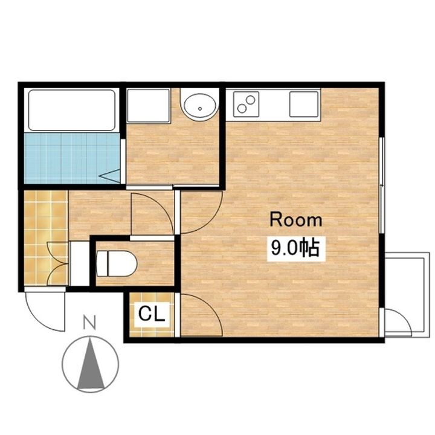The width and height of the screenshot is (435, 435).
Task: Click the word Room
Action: coord(296,220)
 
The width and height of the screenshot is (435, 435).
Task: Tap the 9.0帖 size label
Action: coord(295,248)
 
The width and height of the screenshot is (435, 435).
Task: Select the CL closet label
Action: coord(152,314)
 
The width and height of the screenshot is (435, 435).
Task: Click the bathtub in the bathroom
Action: coord(71,110)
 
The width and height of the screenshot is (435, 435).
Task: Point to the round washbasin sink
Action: coord(199,107)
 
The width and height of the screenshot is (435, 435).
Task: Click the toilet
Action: coord(117,264)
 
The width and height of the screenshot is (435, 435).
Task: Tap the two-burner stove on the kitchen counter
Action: coord(246,104)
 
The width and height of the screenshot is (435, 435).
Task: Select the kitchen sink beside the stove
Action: coord(304,104)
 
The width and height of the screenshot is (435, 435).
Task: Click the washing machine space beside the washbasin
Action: coord(148,105)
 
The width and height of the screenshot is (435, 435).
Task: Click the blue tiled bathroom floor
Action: coord(72,158)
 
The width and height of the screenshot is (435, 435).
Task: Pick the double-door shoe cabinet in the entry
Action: coord(58,263)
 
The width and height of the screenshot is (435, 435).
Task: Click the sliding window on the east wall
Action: coord(382,185)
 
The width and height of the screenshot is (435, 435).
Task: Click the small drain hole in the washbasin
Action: coord(200,109)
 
